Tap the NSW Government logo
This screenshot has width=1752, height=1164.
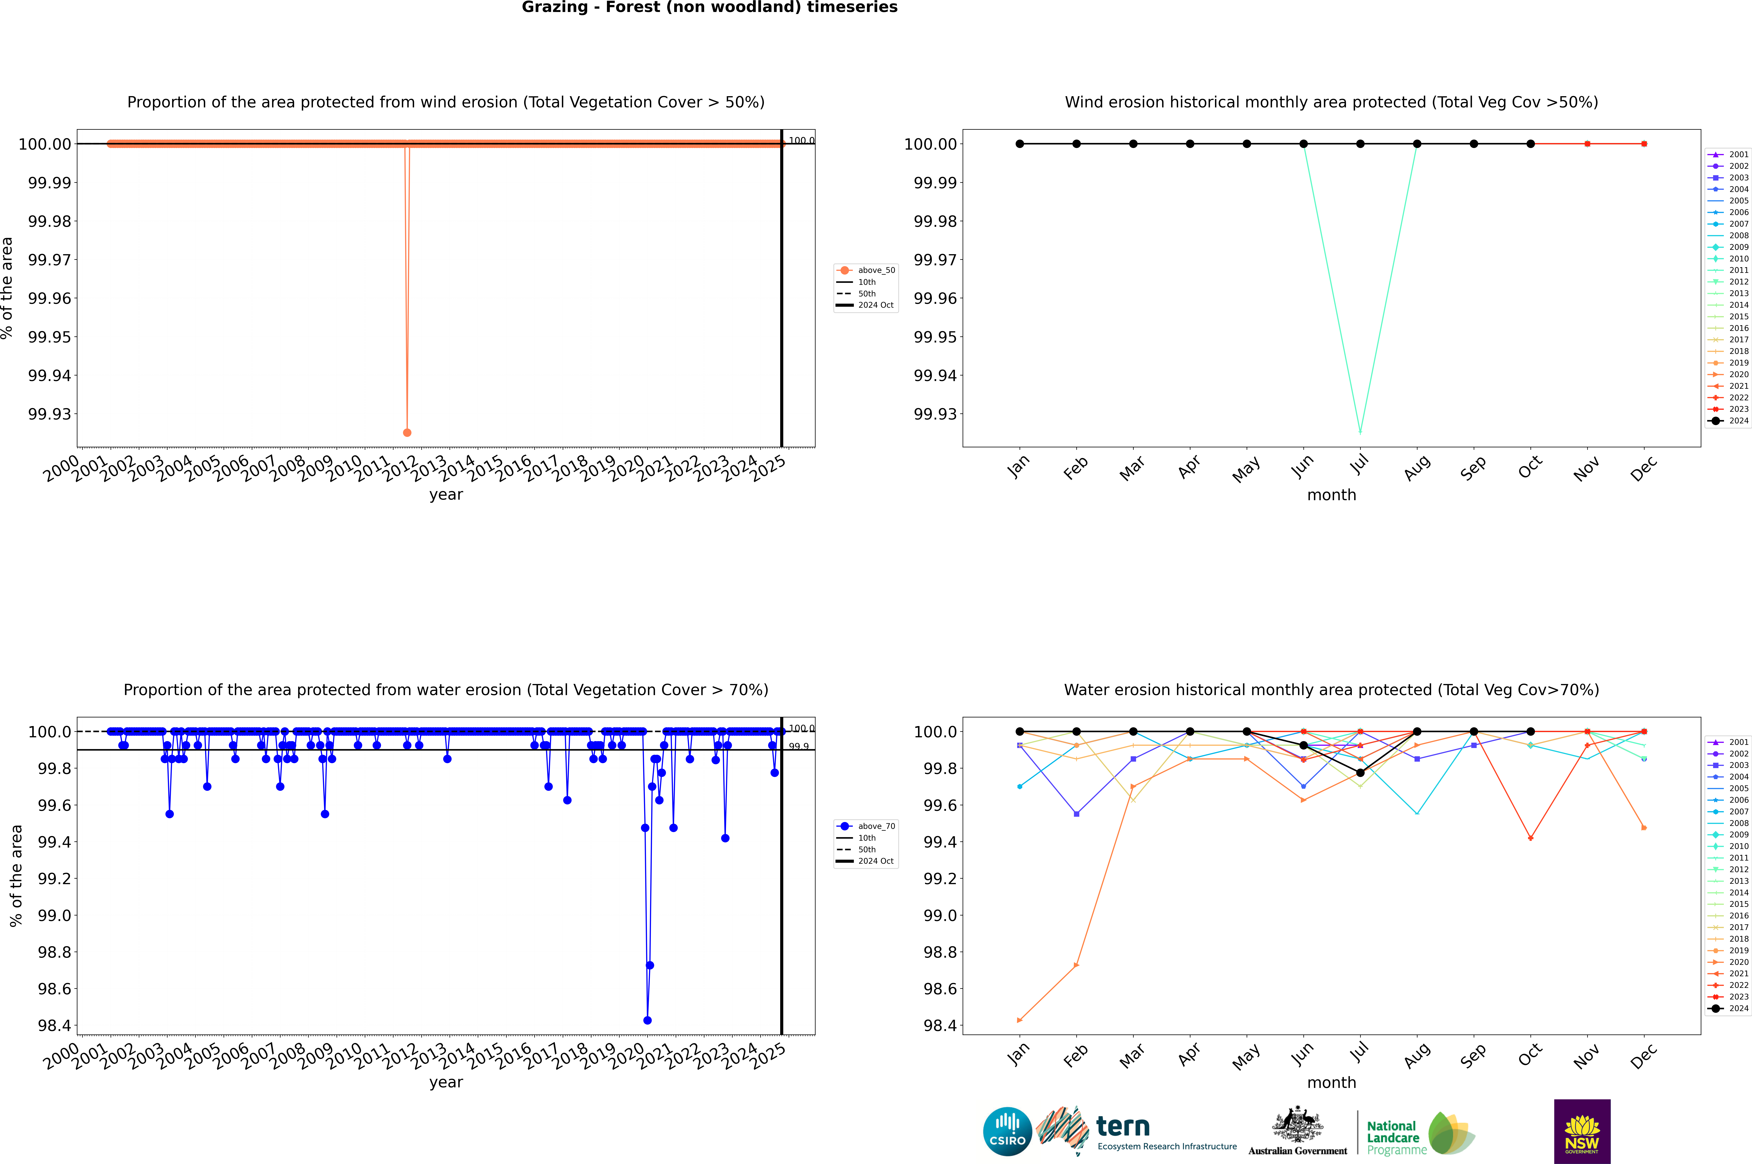pos(1582,1131)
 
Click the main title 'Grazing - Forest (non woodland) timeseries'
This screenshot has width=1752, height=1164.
pos(709,7)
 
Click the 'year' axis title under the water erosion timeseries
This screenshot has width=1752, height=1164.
pos(446,1082)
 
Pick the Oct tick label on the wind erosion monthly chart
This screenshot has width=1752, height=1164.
pos(1530,468)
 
